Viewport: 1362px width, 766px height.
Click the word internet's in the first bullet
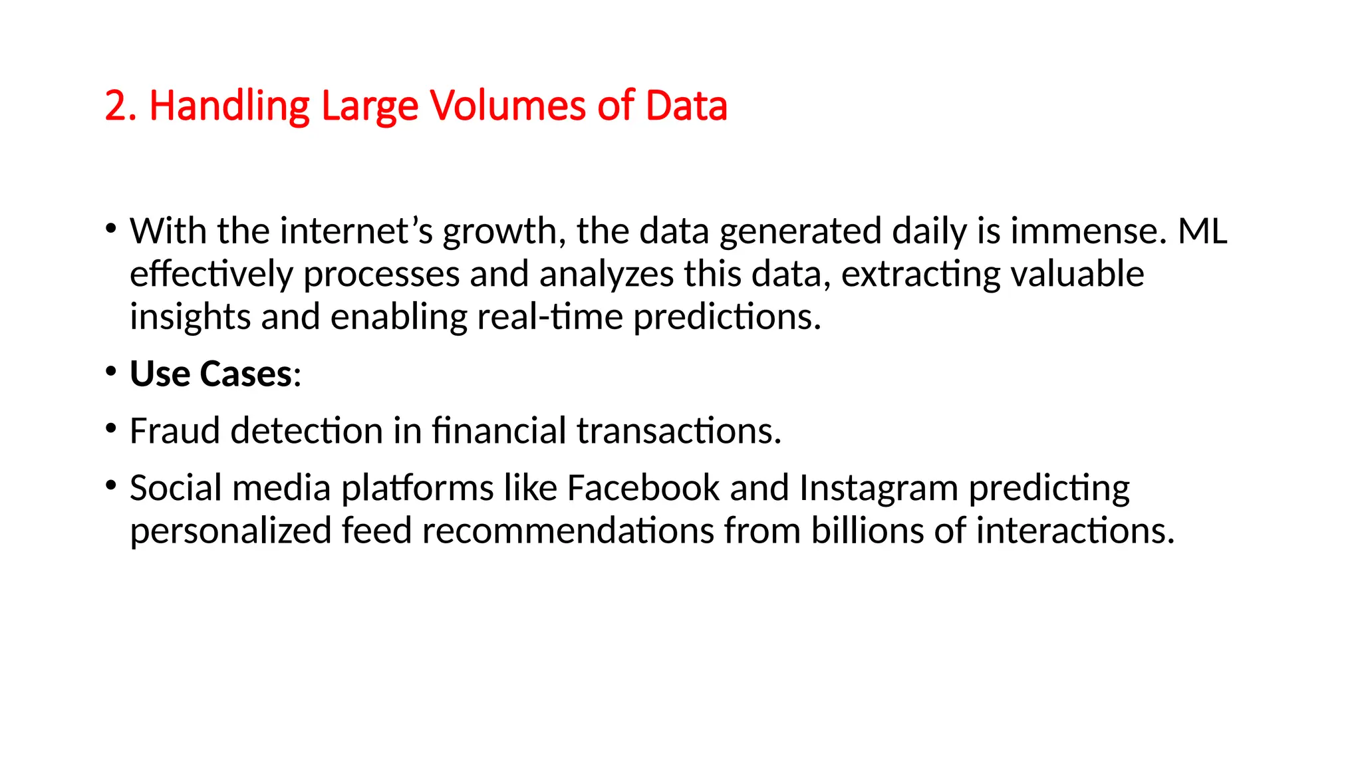click(356, 231)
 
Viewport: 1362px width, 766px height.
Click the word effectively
click(211, 275)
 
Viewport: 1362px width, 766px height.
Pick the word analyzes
click(607, 275)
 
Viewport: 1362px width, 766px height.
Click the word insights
click(190, 317)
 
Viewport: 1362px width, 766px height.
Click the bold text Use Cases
click(211, 374)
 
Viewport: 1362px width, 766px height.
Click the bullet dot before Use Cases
click(111, 371)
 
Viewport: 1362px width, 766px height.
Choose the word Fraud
click(174, 431)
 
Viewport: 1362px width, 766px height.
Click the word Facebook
click(643, 488)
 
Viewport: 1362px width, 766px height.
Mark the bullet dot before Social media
click(111, 485)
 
